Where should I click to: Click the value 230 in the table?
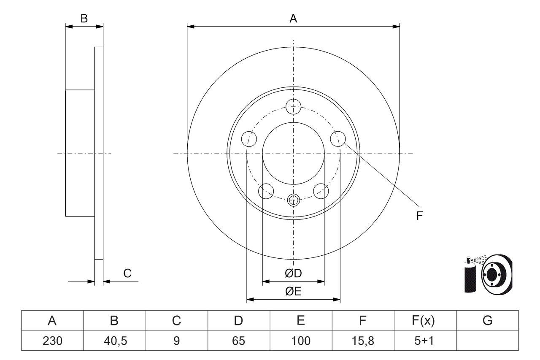coord(52,341)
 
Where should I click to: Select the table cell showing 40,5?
coord(114,341)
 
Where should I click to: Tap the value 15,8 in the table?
coord(363,341)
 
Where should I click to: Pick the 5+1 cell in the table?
coord(424,341)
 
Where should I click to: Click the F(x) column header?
coord(424,321)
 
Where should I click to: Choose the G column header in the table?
coord(487,321)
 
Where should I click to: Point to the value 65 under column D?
coord(238,341)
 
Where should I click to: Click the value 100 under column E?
coord(300,341)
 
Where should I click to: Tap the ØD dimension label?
coord(293,273)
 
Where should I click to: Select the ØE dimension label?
coord(293,292)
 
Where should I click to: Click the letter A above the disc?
coord(293,19)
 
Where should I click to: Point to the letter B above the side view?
coord(84,19)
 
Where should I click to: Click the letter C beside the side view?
coord(127,273)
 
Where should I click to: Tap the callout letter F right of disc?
coord(419,216)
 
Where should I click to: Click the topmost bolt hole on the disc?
coord(293,106)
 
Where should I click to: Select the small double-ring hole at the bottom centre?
coord(293,200)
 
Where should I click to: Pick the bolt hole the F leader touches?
coord(337,138)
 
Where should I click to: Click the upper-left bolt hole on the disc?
coord(249,138)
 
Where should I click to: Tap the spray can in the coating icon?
coord(470,276)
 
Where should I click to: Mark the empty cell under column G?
coord(487,341)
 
